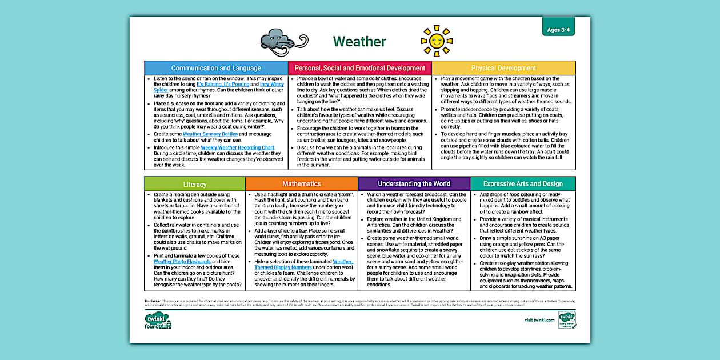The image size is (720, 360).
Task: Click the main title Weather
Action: pyautogui.click(x=359, y=42)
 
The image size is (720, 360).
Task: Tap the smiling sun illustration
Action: pyautogui.click(x=437, y=41)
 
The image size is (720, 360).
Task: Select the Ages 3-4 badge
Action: pyautogui.click(x=558, y=30)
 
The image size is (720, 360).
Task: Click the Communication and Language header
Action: pyautogui.click(x=216, y=68)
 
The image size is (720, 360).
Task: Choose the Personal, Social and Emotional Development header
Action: pyautogui.click(x=359, y=68)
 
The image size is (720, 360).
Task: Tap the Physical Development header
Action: pyautogui.click(x=503, y=68)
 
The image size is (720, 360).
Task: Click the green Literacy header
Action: pyautogui.click(x=194, y=184)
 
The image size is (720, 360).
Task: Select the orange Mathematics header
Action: pyautogui.click(x=301, y=184)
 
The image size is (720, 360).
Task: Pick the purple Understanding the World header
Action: pyautogui.click(x=414, y=184)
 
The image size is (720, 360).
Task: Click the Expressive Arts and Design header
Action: pyautogui.click(x=522, y=184)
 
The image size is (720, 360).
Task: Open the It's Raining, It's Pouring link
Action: pyautogui.click(x=223, y=84)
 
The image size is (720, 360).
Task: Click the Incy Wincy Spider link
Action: pyautogui.click(x=273, y=84)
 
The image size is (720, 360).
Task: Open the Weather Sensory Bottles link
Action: pyautogui.click(x=210, y=134)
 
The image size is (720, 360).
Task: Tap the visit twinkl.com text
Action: pyautogui.click(x=539, y=320)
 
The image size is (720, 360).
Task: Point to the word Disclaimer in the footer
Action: pyautogui.click(x=153, y=300)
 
